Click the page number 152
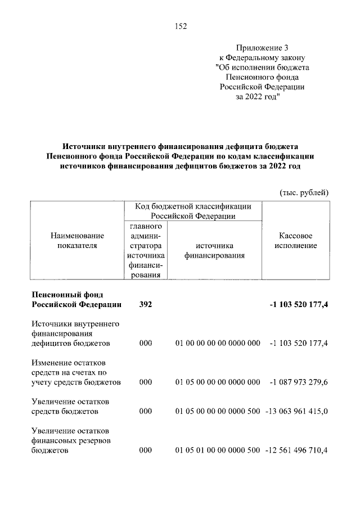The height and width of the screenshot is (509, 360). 180,26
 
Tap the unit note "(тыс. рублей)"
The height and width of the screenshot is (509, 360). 304,193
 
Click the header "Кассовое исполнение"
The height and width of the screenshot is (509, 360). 296,241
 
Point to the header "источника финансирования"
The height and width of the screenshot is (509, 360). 215,251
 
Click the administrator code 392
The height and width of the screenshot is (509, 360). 145,305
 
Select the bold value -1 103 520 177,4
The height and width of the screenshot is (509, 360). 299,305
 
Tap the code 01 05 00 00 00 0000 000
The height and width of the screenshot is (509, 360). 217,382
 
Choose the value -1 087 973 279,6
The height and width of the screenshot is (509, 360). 299,382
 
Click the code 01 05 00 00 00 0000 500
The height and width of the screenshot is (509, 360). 217,412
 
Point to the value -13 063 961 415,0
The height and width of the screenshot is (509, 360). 296,412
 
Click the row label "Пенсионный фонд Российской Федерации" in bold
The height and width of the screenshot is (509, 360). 76,299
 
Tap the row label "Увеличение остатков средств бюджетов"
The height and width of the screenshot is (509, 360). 70,407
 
